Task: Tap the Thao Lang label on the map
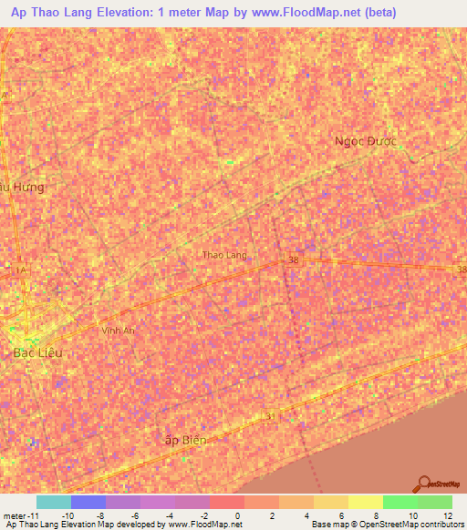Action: point(223,256)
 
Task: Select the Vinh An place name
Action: point(118,330)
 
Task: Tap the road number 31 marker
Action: point(269,416)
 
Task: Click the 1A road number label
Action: point(20,270)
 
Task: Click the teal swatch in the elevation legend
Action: point(53,502)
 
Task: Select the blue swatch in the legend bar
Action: point(88,502)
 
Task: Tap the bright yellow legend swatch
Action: point(365,502)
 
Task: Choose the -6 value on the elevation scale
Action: point(133,515)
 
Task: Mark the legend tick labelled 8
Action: point(376,515)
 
